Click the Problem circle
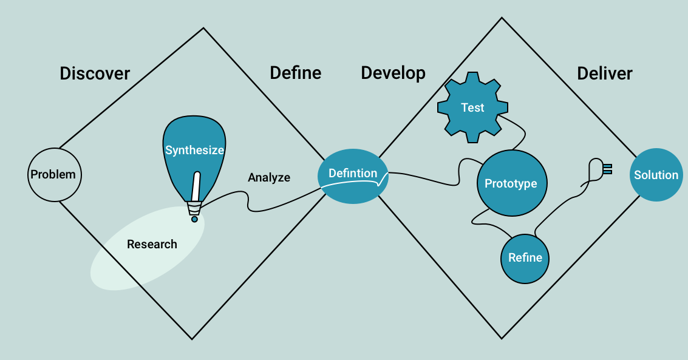pos(53,175)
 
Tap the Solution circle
pos(656,175)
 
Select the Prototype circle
pos(511,183)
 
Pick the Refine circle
pos(525,258)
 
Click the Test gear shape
pos(472,108)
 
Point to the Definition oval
pos(353,174)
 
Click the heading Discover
pos(95,74)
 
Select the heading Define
pos(295,73)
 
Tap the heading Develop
pos(393,73)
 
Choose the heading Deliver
pos(604,74)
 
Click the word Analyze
pos(269,178)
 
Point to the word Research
pos(152,244)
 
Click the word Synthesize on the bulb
pos(194,150)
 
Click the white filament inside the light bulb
pos(196,187)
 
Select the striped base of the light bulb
pos(194,209)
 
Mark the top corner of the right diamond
pos(502,18)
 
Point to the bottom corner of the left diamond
pos(192,339)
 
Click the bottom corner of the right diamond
pos(502,338)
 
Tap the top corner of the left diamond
pos(203,27)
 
